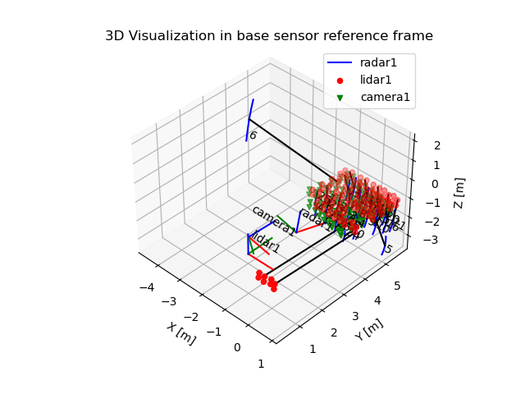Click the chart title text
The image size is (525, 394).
268,36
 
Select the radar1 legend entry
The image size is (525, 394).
377,62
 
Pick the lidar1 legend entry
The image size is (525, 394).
377,80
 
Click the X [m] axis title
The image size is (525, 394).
181,333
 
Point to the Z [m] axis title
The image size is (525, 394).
459,192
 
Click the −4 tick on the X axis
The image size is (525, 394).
147,288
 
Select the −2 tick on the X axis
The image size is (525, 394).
191,318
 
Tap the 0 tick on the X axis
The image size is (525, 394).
237,347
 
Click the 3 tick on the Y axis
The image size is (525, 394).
355,317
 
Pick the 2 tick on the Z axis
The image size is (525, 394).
437,146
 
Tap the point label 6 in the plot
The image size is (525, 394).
253,135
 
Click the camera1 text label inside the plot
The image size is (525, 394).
272,221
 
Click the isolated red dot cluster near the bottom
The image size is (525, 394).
266,279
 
